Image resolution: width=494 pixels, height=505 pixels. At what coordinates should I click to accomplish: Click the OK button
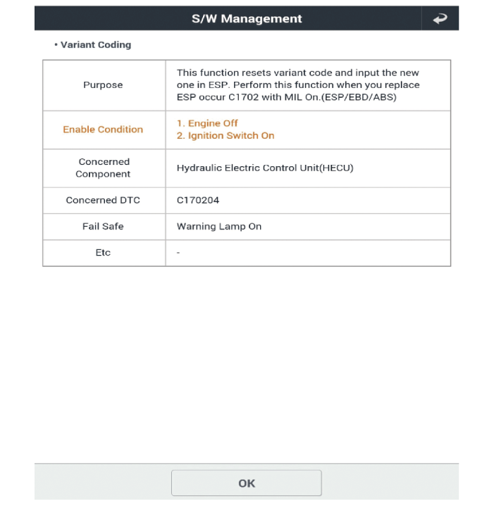(x=246, y=483)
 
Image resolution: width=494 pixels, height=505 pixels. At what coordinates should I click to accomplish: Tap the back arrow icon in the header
(x=440, y=19)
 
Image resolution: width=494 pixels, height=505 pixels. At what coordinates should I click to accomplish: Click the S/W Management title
(x=247, y=19)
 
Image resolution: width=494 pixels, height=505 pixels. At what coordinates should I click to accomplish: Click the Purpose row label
(x=103, y=85)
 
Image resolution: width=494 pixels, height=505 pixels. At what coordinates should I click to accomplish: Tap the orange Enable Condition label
(x=103, y=130)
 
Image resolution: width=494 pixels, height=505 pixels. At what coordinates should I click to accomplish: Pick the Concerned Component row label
(x=103, y=168)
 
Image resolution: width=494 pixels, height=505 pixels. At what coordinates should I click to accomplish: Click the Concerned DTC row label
(x=103, y=200)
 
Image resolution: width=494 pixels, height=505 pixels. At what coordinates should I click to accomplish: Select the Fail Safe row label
(x=103, y=227)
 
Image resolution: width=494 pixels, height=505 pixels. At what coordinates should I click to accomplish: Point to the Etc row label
(x=103, y=252)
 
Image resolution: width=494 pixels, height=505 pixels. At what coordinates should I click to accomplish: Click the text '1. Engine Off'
(x=207, y=123)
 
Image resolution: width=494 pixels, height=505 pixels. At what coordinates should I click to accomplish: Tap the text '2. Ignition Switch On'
(x=225, y=135)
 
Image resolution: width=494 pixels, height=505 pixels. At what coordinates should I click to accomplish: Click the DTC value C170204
(x=198, y=200)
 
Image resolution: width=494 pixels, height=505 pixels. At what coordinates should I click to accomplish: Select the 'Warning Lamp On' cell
(x=218, y=227)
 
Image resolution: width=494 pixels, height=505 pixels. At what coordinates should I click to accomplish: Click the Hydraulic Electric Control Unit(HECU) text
(x=264, y=168)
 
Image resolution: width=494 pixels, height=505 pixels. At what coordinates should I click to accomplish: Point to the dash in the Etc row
(x=178, y=252)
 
